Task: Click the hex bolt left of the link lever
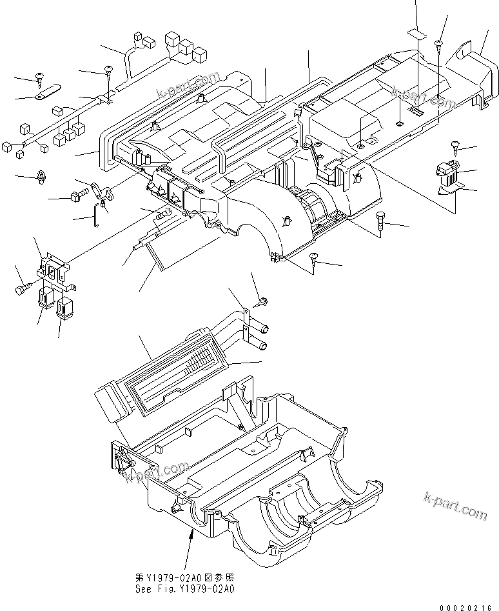(78, 195)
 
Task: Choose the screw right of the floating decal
(438, 44)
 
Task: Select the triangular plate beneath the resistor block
(451, 188)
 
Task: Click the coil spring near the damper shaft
(166, 214)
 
